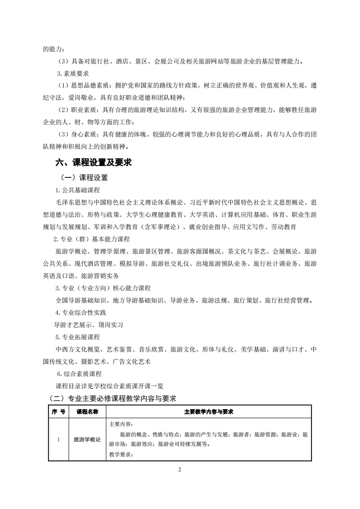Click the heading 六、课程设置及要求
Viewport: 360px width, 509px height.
click(x=93, y=162)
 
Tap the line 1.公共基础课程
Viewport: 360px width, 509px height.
click(x=77, y=190)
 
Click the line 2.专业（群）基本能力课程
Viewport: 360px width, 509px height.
click(x=91, y=239)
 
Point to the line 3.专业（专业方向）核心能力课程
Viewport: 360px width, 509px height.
click(x=103, y=288)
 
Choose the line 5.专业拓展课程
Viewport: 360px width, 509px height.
click(x=78, y=337)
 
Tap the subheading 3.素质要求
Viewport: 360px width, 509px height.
click(x=73, y=73)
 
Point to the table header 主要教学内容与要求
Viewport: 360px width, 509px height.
click(x=208, y=411)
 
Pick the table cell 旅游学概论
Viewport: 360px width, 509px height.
click(x=87, y=440)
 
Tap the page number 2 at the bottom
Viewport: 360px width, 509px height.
click(x=180, y=470)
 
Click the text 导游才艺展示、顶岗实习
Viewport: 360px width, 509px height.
click(x=88, y=325)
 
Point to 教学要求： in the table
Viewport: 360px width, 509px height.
click(x=120, y=454)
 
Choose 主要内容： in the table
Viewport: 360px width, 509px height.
click(x=120, y=424)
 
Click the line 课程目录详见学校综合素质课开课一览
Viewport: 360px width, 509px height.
click(x=109, y=386)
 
